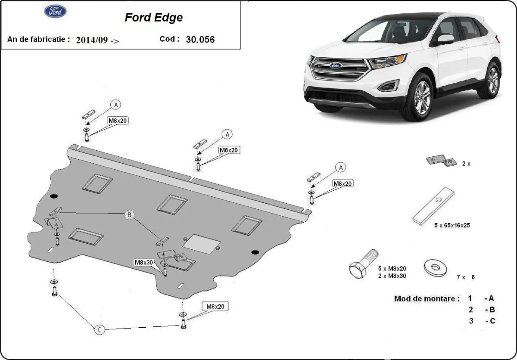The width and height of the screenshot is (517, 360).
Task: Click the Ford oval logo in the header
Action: click(x=56, y=11)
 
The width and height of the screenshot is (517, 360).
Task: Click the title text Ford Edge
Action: click(x=153, y=17)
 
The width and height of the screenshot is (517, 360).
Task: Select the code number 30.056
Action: click(x=200, y=39)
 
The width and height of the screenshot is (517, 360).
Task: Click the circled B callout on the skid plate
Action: click(x=128, y=215)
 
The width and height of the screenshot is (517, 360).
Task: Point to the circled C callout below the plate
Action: click(x=99, y=330)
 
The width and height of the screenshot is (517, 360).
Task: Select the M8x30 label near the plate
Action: click(x=143, y=262)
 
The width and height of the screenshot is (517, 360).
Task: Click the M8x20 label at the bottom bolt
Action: click(x=215, y=307)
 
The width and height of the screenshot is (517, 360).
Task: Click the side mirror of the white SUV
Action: click(x=445, y=40)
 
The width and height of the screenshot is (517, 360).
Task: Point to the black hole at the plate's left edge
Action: click(x=54, y=197)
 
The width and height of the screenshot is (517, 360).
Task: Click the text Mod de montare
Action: click(x=427, y=298)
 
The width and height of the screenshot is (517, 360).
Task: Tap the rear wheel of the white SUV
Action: click(x=492, y=80)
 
